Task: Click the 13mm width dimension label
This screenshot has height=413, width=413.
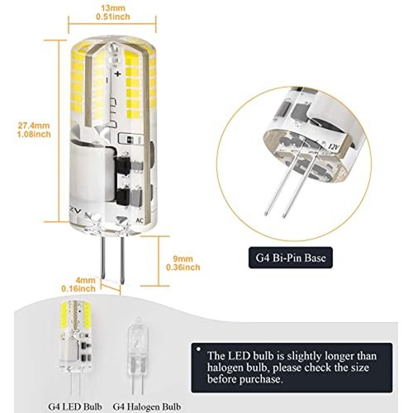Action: [113, 12]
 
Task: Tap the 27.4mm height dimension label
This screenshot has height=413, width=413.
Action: [35, 130]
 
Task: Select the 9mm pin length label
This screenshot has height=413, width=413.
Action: [183, 263]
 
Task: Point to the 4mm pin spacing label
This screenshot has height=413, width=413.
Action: [78, 284]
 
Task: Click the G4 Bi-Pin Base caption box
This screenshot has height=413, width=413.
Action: [291, 258]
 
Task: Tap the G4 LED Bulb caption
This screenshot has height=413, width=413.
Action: [75, 406]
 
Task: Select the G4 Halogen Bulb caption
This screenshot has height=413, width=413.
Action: [147, 406]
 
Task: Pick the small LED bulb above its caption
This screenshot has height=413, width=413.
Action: [75, 349]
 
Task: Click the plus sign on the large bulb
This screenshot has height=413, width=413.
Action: [118, 74]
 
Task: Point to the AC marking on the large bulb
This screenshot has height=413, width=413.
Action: [140, 221]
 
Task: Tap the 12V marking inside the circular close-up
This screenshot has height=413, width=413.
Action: [334, 148]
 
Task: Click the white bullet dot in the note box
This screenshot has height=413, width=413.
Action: [198, 349]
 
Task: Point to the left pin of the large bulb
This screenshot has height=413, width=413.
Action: [103, 258]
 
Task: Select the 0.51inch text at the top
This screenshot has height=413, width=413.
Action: [113, 17]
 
